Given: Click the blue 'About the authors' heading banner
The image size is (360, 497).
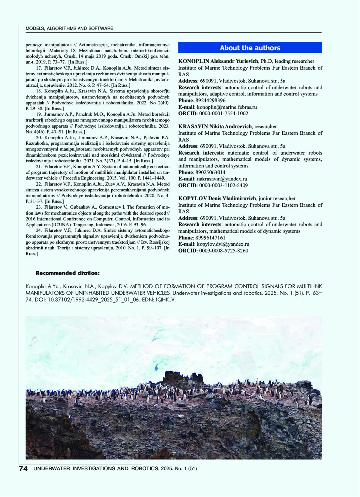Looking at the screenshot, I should pos(250,48).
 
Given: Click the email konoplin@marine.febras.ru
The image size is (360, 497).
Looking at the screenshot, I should pos(227,107).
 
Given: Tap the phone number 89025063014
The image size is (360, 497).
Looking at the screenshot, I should pos(210,172).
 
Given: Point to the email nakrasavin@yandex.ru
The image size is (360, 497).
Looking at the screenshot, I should pos(222,179).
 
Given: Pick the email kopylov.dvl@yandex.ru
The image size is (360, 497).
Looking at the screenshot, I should pos(223,244).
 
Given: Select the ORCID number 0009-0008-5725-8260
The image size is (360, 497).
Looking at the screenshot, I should pos(223,251).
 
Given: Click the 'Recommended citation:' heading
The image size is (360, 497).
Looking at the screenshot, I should pos(68,273).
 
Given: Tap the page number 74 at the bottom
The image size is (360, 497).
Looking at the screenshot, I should pos(23,469).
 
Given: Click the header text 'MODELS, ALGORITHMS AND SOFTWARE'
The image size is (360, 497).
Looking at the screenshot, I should pos(69,29).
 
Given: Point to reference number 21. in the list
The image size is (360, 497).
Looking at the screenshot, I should pos(39,167).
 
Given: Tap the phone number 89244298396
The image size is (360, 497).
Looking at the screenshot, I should pos(210,101).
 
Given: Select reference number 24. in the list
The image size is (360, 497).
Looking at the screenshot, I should pos(39,230).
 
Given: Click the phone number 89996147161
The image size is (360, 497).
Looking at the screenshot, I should pos(210,238).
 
